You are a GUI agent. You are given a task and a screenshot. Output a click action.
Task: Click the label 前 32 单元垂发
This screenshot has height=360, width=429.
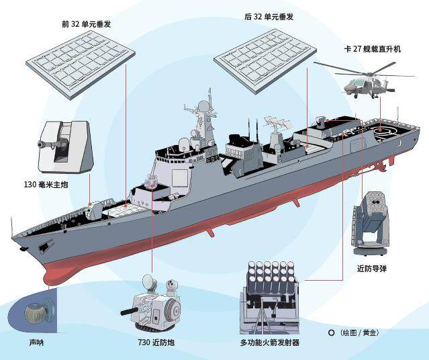[87, 25]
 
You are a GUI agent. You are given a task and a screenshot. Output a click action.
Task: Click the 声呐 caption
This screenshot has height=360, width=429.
[36, 342]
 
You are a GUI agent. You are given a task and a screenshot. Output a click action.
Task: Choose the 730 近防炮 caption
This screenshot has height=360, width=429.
[156, 343]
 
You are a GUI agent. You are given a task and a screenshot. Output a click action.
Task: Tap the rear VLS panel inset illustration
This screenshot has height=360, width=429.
[262, 59]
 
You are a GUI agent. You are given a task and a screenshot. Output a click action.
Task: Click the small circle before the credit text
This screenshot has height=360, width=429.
[330, 332]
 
